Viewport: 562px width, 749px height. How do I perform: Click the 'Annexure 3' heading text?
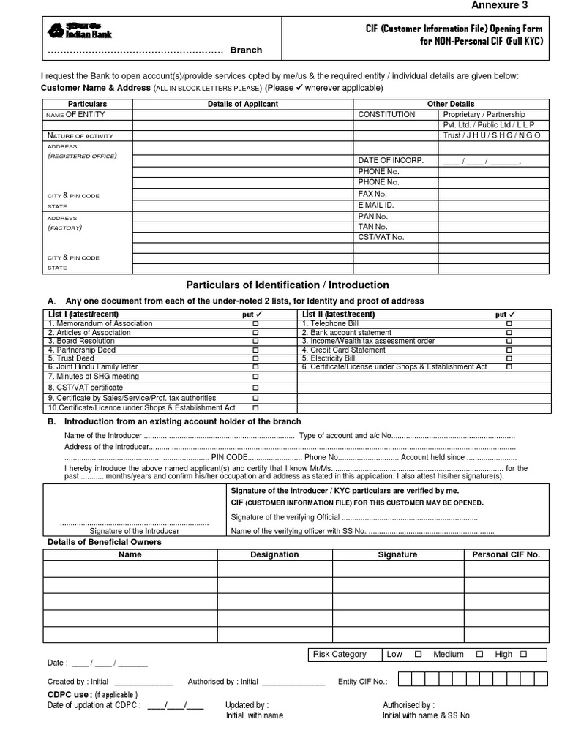click(500, 5)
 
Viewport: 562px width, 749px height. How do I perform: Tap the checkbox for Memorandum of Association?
click(255, 323)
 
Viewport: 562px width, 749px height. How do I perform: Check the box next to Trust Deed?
click(255, 359)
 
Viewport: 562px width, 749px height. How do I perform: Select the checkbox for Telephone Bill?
click(509, 323)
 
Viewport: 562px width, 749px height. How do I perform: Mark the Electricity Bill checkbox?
click(509, 359)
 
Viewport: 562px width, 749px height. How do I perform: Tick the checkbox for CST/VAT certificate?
click(255, 388)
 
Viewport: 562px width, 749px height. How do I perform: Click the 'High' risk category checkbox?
click(523, 655)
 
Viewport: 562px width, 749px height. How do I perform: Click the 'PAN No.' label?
click(372, 217)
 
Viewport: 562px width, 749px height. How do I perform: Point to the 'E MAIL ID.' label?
click(376, 206)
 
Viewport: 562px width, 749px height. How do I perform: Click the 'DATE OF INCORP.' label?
click(391, 160)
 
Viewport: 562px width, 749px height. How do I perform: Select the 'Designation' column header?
click(274, 554)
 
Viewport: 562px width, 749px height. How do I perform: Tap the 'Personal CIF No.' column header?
click(506, 554)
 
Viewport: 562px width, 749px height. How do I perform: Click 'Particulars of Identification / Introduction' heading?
click(288, 285)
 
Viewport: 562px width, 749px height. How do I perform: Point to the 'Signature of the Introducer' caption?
click(134, 531)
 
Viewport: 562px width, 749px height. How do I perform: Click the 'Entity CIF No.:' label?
click(363, 682)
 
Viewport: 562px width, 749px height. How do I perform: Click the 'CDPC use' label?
click(70, 694)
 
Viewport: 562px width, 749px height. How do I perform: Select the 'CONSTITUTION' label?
click(386, 115)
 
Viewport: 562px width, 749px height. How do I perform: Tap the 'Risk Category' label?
click(339, 655)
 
